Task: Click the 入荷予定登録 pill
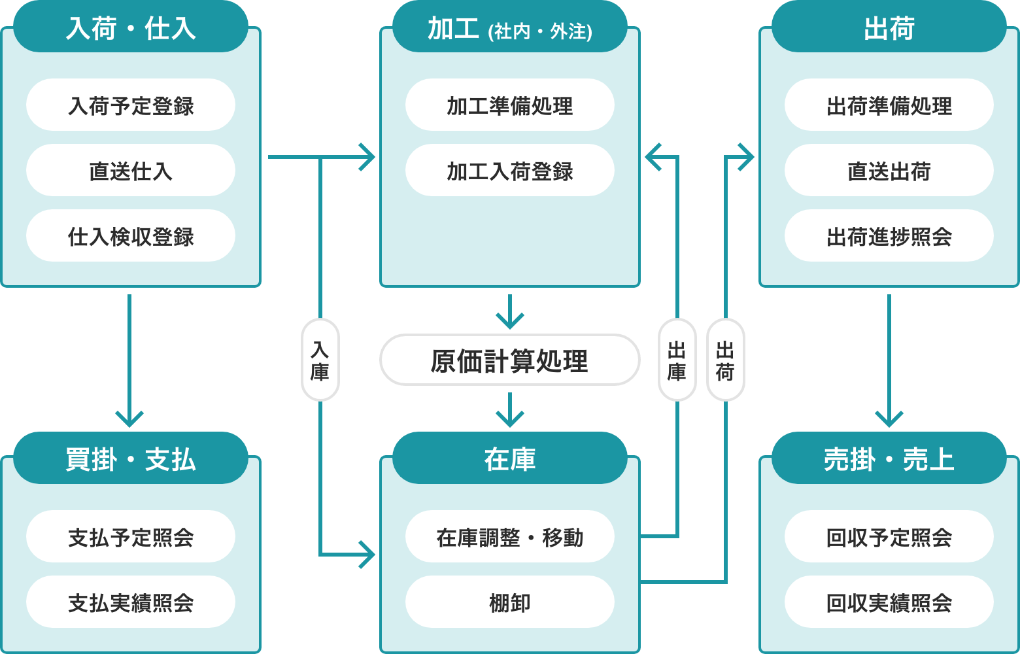pos(131,105)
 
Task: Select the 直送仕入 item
pos(131,171)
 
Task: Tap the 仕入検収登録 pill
pos(131,236)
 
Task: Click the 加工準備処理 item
pos(510,105)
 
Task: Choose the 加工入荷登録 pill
pos(510,171)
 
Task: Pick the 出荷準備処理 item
pos(889,105)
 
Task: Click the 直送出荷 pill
pos(889,171)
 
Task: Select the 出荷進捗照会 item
pos(889,236)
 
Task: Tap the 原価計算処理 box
pos(510,360)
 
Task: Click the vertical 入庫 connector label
pos(320,360)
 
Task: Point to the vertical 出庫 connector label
pos(677,360)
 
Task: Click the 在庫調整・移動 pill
pos(510,537)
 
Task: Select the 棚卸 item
pos(510,602)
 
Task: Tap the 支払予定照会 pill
pos(131,537)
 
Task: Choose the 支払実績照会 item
pos(131,602)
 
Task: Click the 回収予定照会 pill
pos(889,537)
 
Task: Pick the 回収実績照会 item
pos(889,602)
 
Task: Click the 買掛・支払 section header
pos(131,458)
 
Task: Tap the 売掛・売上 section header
pos(889,458)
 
